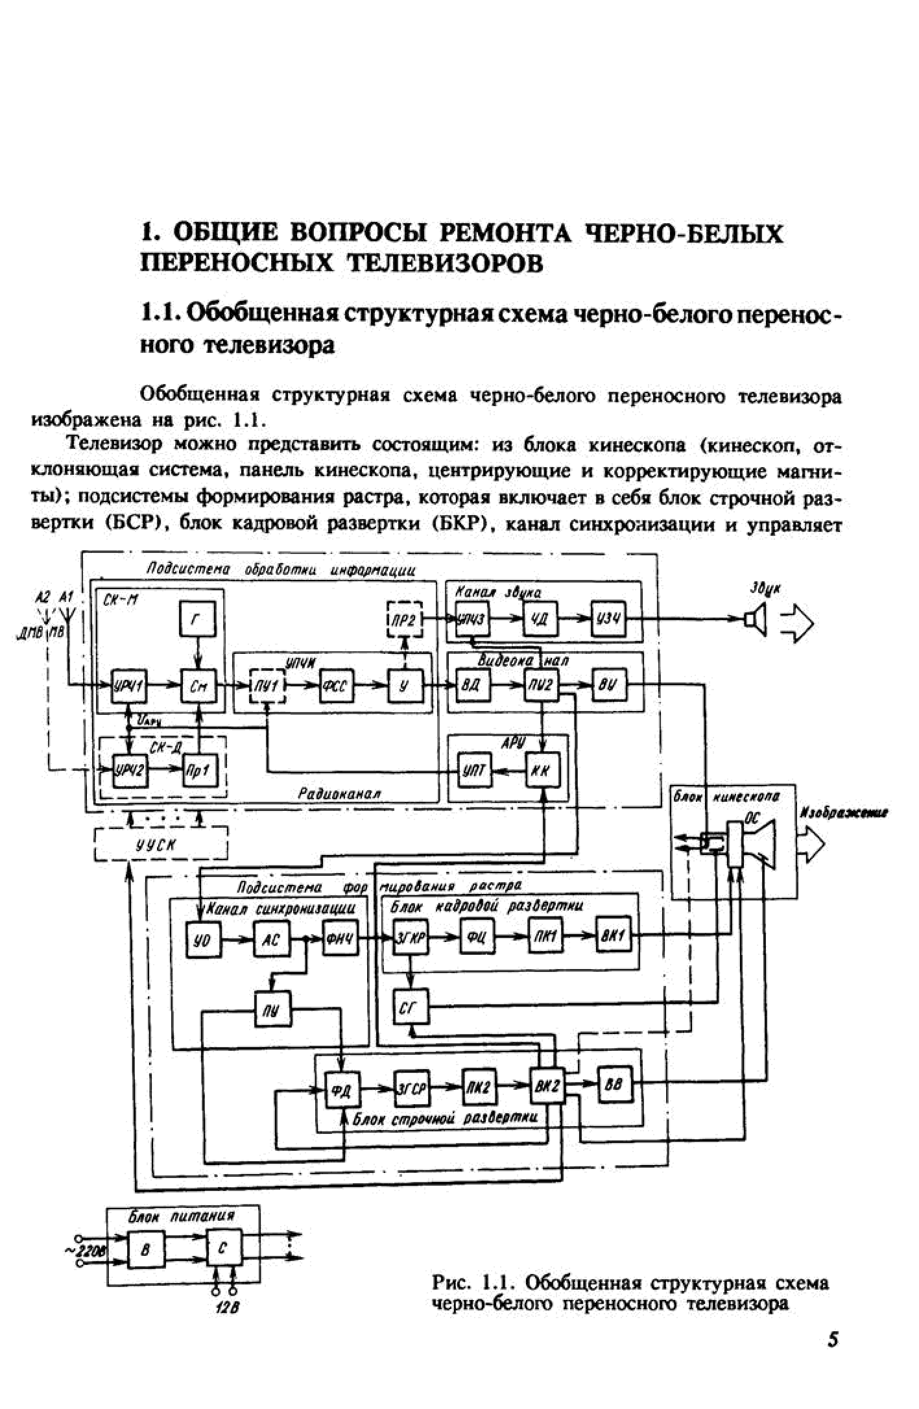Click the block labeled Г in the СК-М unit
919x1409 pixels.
pyautogui.click(x=197, y=619)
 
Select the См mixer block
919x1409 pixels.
pyautogui.click(x=198, y=686)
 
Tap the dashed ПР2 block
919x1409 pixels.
pyautogui.click(x=404, y=619)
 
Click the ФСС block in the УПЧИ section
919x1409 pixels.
pyautogui.click(x=337, y=686)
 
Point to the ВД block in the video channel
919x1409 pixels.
pyautogui.click(x=473, y=686)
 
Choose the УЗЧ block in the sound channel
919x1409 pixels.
pyautogui.click(x=608, y=619)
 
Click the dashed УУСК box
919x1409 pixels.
pyautogui.click(x=161, y=844)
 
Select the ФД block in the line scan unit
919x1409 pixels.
pyautogui.click(x=342, y=1089)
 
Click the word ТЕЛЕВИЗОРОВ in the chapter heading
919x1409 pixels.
pyautogui.click(x=447, y=263)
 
